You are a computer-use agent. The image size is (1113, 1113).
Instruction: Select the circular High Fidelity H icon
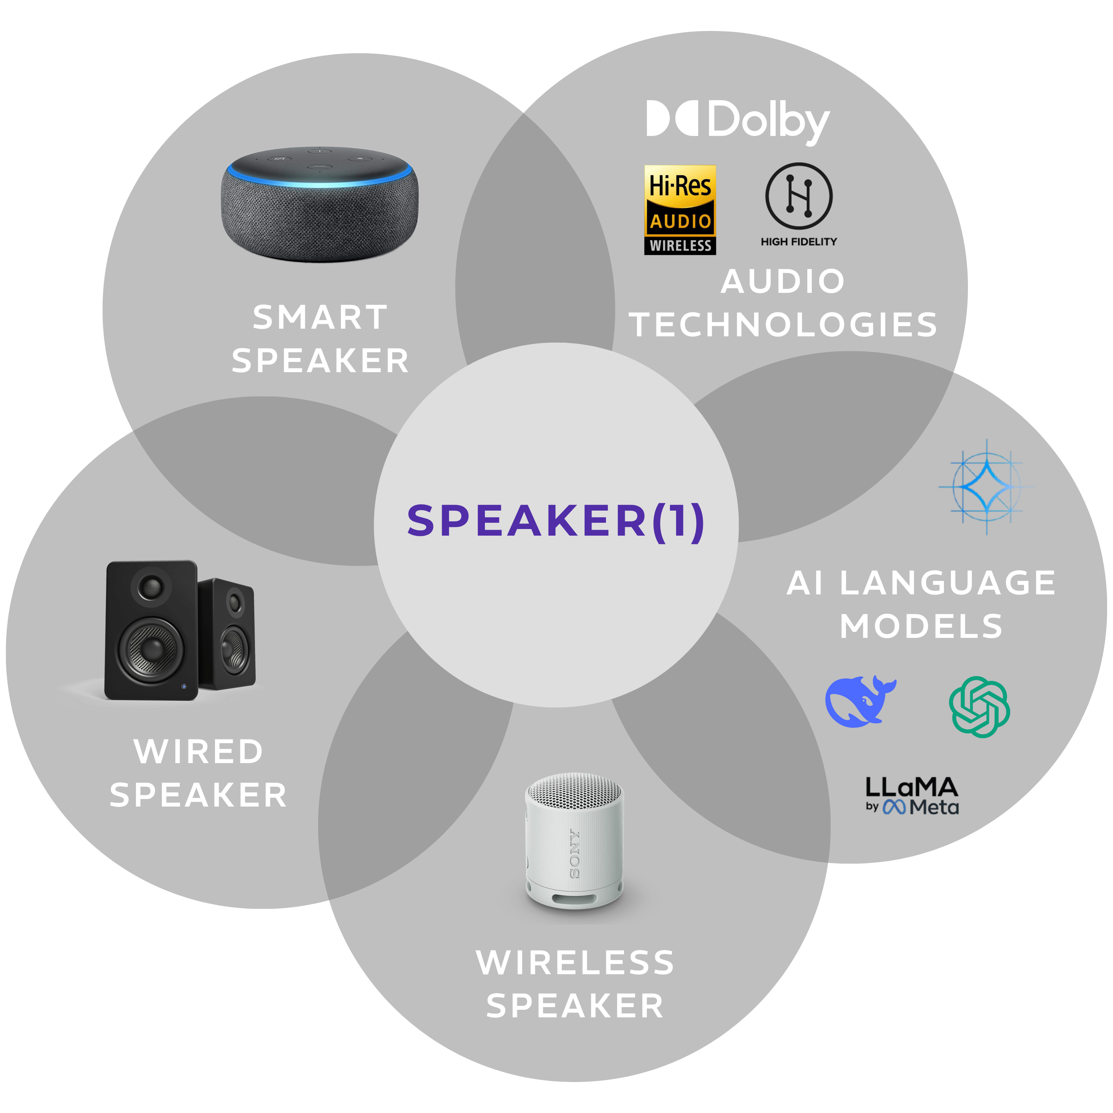799,196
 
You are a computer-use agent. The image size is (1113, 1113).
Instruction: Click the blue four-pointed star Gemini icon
986,487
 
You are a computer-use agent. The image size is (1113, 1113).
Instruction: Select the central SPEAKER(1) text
556,521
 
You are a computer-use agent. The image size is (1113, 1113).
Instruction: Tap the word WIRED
199,752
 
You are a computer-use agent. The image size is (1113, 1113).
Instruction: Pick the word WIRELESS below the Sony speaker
575,963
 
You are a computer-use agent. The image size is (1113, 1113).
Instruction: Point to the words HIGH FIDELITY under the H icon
799,242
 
